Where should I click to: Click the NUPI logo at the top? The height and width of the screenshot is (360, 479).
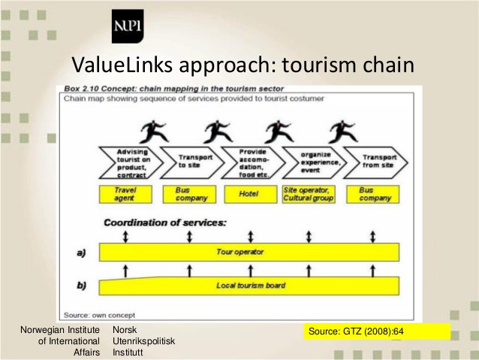pos(127,28)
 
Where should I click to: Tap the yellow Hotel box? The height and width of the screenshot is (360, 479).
pos(249,194)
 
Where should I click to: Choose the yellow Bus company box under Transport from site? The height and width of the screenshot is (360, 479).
pos(372,194)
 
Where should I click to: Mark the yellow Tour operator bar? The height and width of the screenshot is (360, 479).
pos(249,252)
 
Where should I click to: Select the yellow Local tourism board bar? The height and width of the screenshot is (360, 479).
pos(249,286)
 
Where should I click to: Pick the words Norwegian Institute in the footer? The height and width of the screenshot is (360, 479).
pos(60,331)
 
